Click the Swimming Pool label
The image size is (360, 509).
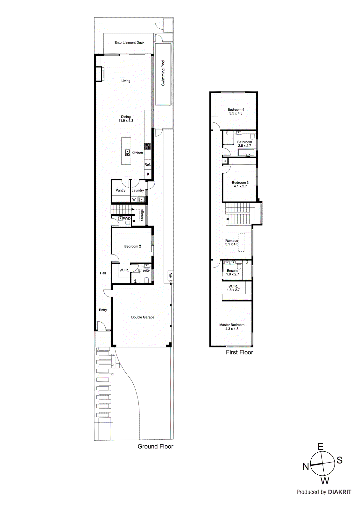point(163,73)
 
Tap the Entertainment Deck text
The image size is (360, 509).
point(129,43)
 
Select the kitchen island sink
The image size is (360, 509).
point(128,153)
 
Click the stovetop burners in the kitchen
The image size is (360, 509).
point(147,146)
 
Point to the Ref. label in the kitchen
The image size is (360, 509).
point(147,165)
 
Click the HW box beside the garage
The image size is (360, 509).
point(171,275)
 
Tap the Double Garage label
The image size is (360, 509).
point(143,317)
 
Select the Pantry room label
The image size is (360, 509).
point(120,191)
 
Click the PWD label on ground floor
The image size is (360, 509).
point(127,219)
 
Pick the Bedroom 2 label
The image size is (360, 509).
point(132,246)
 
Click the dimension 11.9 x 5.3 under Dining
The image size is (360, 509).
point(126,121)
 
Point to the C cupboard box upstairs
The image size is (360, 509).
point(225,161)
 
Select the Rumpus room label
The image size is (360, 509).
point(231,241)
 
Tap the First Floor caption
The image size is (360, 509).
point(239,352)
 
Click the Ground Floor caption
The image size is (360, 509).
point(155,447)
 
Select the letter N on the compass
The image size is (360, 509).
point(306,467)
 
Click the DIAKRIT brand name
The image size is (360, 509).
point(340,492)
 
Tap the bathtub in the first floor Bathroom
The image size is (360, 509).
point(247,153)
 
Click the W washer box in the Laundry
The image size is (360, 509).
point(134,200)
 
